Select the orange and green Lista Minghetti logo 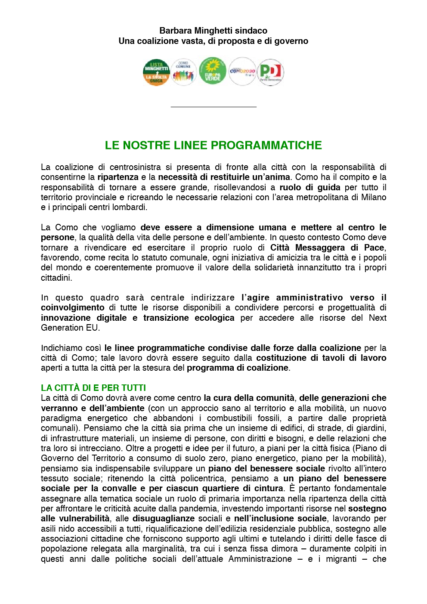156,72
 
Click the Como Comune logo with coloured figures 184,72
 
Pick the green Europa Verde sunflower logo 213,71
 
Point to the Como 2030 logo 242,71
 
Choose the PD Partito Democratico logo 270,72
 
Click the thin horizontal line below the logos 213,107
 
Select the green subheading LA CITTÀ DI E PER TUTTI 93,388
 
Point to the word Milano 374,197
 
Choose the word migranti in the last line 341,559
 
